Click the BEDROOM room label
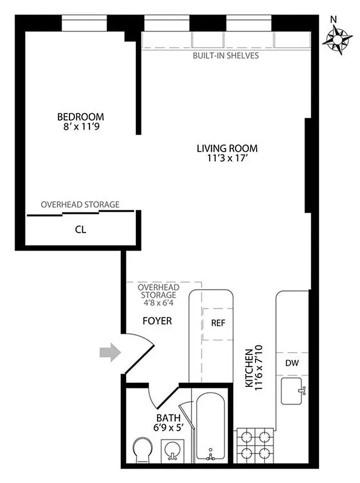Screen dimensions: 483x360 tap(80, 117)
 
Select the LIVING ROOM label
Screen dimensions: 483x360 tap(227, 148)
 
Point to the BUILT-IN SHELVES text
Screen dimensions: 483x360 tap(226, 56)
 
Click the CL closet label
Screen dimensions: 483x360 tap(80, 229)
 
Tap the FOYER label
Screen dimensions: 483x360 tap(157, 321)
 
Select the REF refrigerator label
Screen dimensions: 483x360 tap(218, 322)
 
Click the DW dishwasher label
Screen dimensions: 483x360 tap(292, 363)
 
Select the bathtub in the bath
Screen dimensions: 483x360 tap(210, 429)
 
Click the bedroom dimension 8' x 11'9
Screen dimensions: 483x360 tap(80, 127)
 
